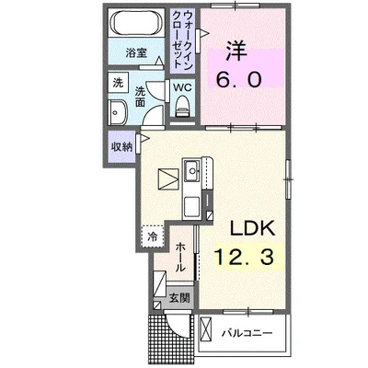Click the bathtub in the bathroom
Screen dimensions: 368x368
136,22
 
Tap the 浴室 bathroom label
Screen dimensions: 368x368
136,53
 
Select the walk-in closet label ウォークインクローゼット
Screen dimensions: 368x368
183,40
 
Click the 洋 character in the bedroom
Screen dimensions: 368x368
236,52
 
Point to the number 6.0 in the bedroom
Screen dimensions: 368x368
239,80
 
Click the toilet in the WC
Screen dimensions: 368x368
183,106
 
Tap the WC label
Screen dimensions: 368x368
182,87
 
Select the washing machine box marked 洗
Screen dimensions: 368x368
118,83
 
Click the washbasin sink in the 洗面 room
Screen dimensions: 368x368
118,112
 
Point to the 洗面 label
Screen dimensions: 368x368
140,97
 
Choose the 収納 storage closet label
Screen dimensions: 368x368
121,147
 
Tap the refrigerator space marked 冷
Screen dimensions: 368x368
153,236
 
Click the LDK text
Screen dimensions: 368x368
252,228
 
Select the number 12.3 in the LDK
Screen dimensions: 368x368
244,257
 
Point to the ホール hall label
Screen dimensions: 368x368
180,257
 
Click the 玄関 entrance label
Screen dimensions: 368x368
179,298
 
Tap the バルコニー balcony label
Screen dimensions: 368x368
247,333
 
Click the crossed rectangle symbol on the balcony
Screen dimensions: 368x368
206,329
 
